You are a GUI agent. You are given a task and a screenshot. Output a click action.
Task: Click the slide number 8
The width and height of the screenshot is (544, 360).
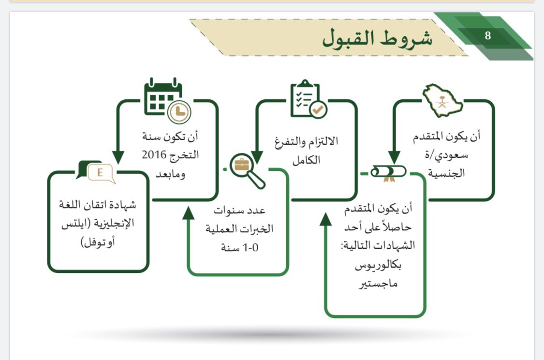pos(487,36)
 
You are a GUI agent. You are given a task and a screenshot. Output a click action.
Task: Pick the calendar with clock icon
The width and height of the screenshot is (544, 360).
pos(167,99)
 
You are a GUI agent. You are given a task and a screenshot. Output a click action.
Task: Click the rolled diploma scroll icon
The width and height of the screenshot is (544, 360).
pos(388,173)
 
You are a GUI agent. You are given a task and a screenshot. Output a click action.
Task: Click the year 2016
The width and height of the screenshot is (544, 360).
pos(153,155)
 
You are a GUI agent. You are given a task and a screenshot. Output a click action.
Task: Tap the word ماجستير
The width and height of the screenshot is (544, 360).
pos(379,284)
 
